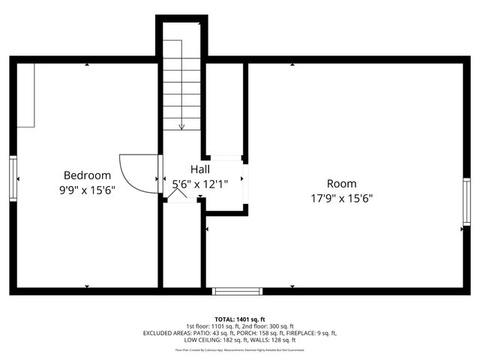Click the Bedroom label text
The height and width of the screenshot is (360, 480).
coord(87,175)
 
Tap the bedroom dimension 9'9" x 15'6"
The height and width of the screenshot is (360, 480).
coord(87,190)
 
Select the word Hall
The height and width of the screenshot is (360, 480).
coord(199,169)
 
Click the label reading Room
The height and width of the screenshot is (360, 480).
coord(341,184)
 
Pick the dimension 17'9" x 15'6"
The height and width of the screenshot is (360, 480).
coord(341,199)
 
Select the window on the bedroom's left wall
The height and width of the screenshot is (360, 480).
coord(13,178)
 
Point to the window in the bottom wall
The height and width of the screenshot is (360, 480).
coord(237,291)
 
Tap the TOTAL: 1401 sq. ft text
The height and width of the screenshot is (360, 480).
coord(240,319)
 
